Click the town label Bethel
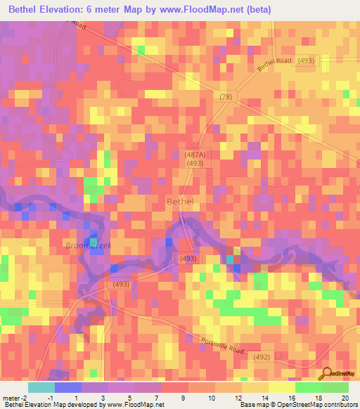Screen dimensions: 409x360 (x=180, y=202)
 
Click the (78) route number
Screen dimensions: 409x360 (x=225, y=96)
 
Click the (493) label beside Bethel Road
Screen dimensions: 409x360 (x=307, y=61)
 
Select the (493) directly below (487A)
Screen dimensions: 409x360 (x=195, y=164)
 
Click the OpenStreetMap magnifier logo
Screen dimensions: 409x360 (x=326, y=375)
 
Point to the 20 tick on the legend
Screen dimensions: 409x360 (x=345, y=398)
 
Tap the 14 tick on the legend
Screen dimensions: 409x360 (x=264, y=398)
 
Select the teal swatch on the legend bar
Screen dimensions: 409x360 (x=41, y=387)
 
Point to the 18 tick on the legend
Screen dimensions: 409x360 (x=318, y=398)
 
